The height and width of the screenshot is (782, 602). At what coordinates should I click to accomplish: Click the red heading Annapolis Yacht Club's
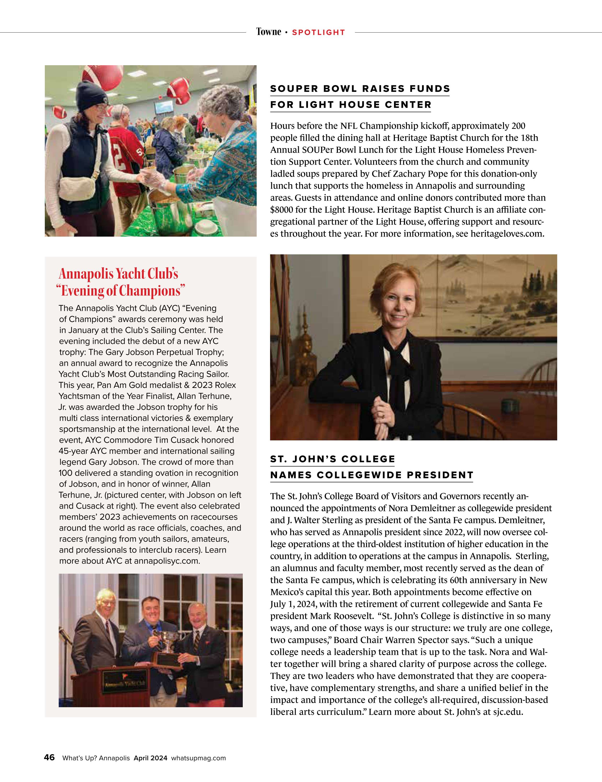pyautogui.click(x=118, y=274)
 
